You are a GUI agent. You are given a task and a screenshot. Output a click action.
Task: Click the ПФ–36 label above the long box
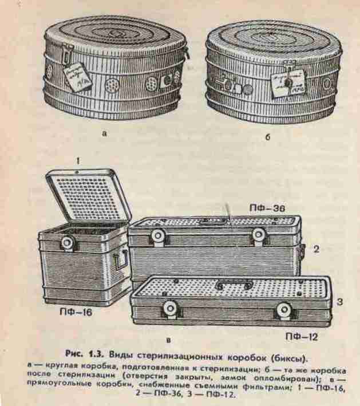(x=267, y=208)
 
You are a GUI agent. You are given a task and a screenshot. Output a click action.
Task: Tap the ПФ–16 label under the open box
(x=76, y=312)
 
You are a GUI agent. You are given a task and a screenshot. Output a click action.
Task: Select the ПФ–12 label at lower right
(x=302, y=337)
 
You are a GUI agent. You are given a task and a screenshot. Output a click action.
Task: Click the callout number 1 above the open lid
(x=78, y=161)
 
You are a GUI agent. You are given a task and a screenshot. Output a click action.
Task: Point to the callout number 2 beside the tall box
(x=317, y=249)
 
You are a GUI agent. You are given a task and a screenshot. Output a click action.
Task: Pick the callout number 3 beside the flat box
(x=340, y=302)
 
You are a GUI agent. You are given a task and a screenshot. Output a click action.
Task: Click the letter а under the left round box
(x=104, y=134)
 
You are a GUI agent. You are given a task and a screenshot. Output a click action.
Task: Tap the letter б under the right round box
(x=268, y=137)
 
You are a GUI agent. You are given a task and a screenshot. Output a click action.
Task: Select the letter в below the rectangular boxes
(x=168, y=340)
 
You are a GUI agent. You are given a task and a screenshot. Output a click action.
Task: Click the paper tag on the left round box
(x=77, y=76)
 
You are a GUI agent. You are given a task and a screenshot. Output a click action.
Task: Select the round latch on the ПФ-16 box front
(x=68, y=243)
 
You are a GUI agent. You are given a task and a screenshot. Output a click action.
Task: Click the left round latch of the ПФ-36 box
(x=158, y=235)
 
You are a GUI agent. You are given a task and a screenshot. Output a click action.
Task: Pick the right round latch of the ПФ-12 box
(x=284, y=309)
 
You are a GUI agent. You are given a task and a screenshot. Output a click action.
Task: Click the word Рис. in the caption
(x=74, y=354)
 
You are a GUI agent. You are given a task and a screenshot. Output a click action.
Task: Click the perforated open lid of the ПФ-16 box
(x=88, y=197)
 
